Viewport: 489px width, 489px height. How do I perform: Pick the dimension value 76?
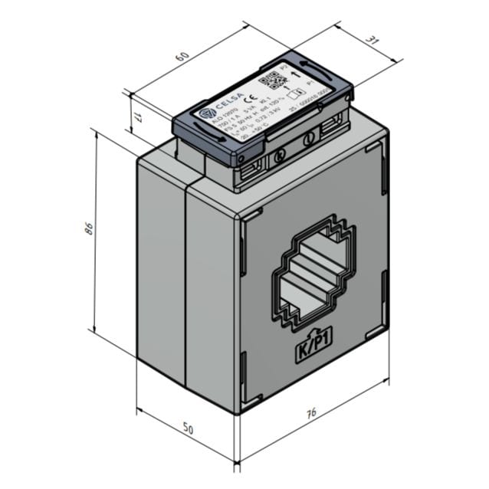(310, 415)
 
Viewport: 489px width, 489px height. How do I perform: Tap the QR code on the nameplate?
(271, 80)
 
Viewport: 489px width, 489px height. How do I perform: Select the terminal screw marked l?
(310, 139)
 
